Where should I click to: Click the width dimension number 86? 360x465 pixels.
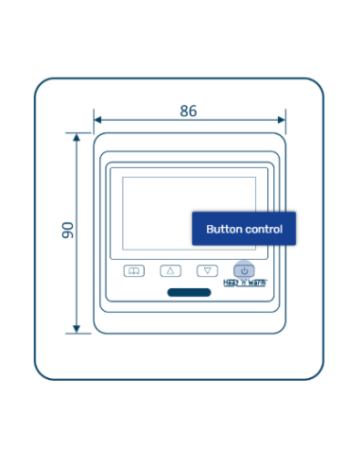tap(188, 111)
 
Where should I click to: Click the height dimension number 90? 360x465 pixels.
tap(67, 230)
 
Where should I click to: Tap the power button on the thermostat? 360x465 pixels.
tap(244, 270)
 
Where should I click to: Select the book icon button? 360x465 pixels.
tap(134, 270)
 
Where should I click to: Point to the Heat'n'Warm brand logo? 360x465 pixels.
tap(245, 282)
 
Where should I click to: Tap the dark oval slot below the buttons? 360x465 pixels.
tap(189, 291)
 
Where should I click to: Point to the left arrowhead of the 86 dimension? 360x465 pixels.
tap(96, 120)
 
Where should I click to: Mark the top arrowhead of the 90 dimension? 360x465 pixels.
tap(76, 136)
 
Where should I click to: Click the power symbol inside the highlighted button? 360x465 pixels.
tap(244, 270)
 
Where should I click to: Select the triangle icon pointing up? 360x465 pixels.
tap(171, 270)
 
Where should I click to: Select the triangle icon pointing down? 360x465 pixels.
tap(208, 270)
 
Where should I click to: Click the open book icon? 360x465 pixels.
tap(134, 270)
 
